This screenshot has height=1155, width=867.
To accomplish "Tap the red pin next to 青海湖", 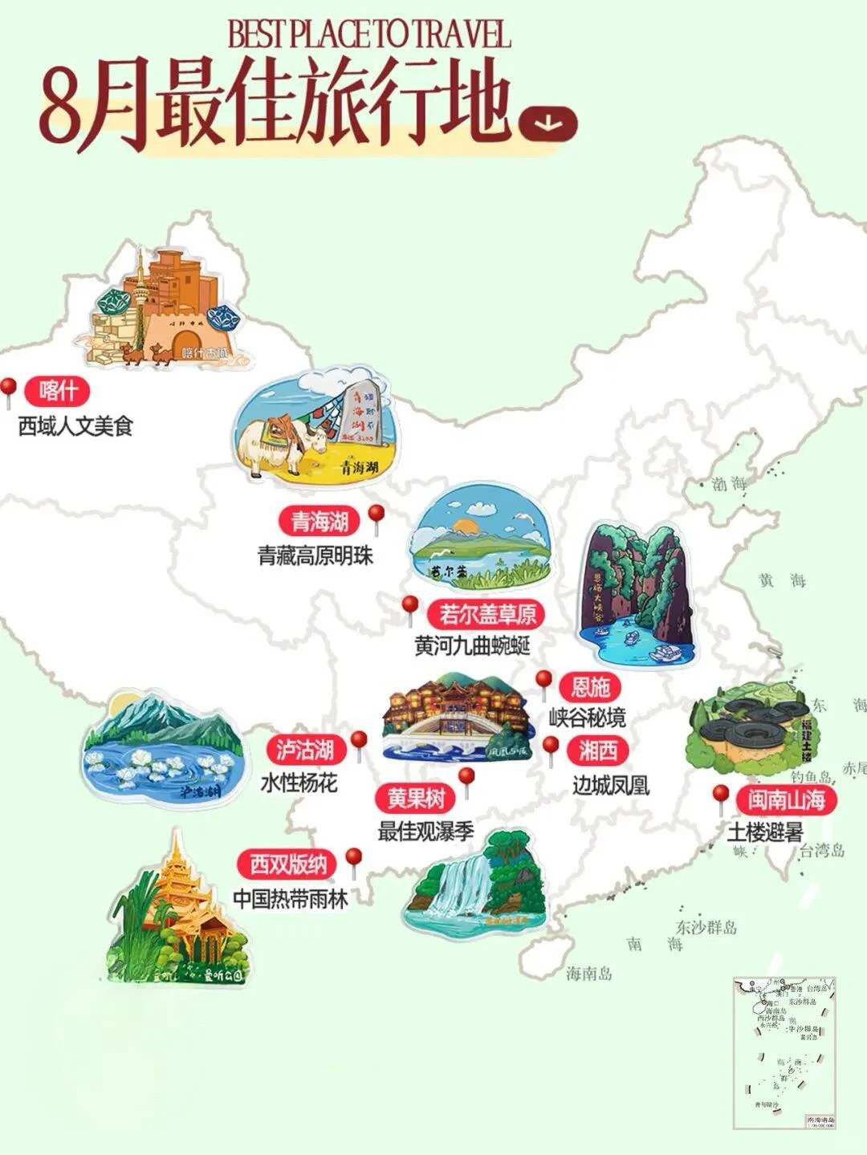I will (x=375, y=516).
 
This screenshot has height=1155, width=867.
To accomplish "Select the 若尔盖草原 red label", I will (x=486, y=614).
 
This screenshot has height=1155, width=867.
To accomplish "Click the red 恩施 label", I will (x=591, y=687).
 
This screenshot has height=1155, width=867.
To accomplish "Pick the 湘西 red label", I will (x=598, y=750).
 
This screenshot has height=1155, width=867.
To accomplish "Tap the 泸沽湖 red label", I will (x=305, y=750).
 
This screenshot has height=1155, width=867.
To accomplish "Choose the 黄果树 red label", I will (x=416, y=798).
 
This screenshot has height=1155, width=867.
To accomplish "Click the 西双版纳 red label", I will (x=288, y=864).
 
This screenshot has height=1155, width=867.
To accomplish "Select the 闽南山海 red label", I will (x=786, y=799).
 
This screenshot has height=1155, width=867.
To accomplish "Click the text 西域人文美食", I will (x=75, y=425).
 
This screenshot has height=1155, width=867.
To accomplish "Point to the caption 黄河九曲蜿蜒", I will (x=473, y=645).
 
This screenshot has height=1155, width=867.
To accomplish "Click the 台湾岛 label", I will (x=820, y=851).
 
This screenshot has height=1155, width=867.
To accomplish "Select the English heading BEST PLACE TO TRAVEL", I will (x=369, y=35).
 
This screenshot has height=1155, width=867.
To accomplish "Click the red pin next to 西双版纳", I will (x=353, y=860).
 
